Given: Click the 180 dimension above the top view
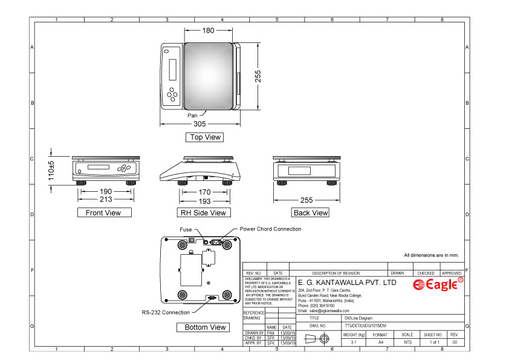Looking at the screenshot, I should (207, 30).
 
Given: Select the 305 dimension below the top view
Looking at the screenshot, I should (199, 123).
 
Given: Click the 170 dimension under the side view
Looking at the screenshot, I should (204, 191).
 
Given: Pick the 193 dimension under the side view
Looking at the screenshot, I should (204, 200).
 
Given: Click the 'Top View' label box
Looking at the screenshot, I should (205, 137).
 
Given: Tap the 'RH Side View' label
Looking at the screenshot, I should (203, 212).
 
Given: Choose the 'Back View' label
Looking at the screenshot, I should (310, 212).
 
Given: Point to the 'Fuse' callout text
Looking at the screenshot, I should (186, 229).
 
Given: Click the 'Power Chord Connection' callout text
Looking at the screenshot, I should (270, 229).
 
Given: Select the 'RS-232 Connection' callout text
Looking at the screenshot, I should (161, 312).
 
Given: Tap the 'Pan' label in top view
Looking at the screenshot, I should (192, 115).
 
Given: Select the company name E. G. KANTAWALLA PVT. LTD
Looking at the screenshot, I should (348, 283).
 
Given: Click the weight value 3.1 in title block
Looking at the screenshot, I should (353, 342).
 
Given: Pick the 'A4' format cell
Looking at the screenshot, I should (380, 342).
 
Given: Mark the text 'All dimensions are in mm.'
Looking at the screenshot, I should (431, 255).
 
